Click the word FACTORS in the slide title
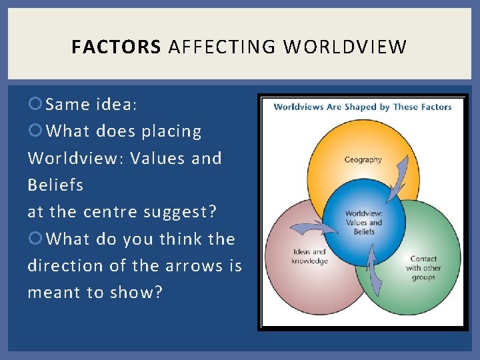(x=116, y=47)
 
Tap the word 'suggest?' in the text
(x=189, y=212)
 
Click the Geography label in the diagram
(x=363, y=159)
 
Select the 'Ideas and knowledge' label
(x=309, y=256)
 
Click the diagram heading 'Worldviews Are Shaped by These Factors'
(x=363, y=107)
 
